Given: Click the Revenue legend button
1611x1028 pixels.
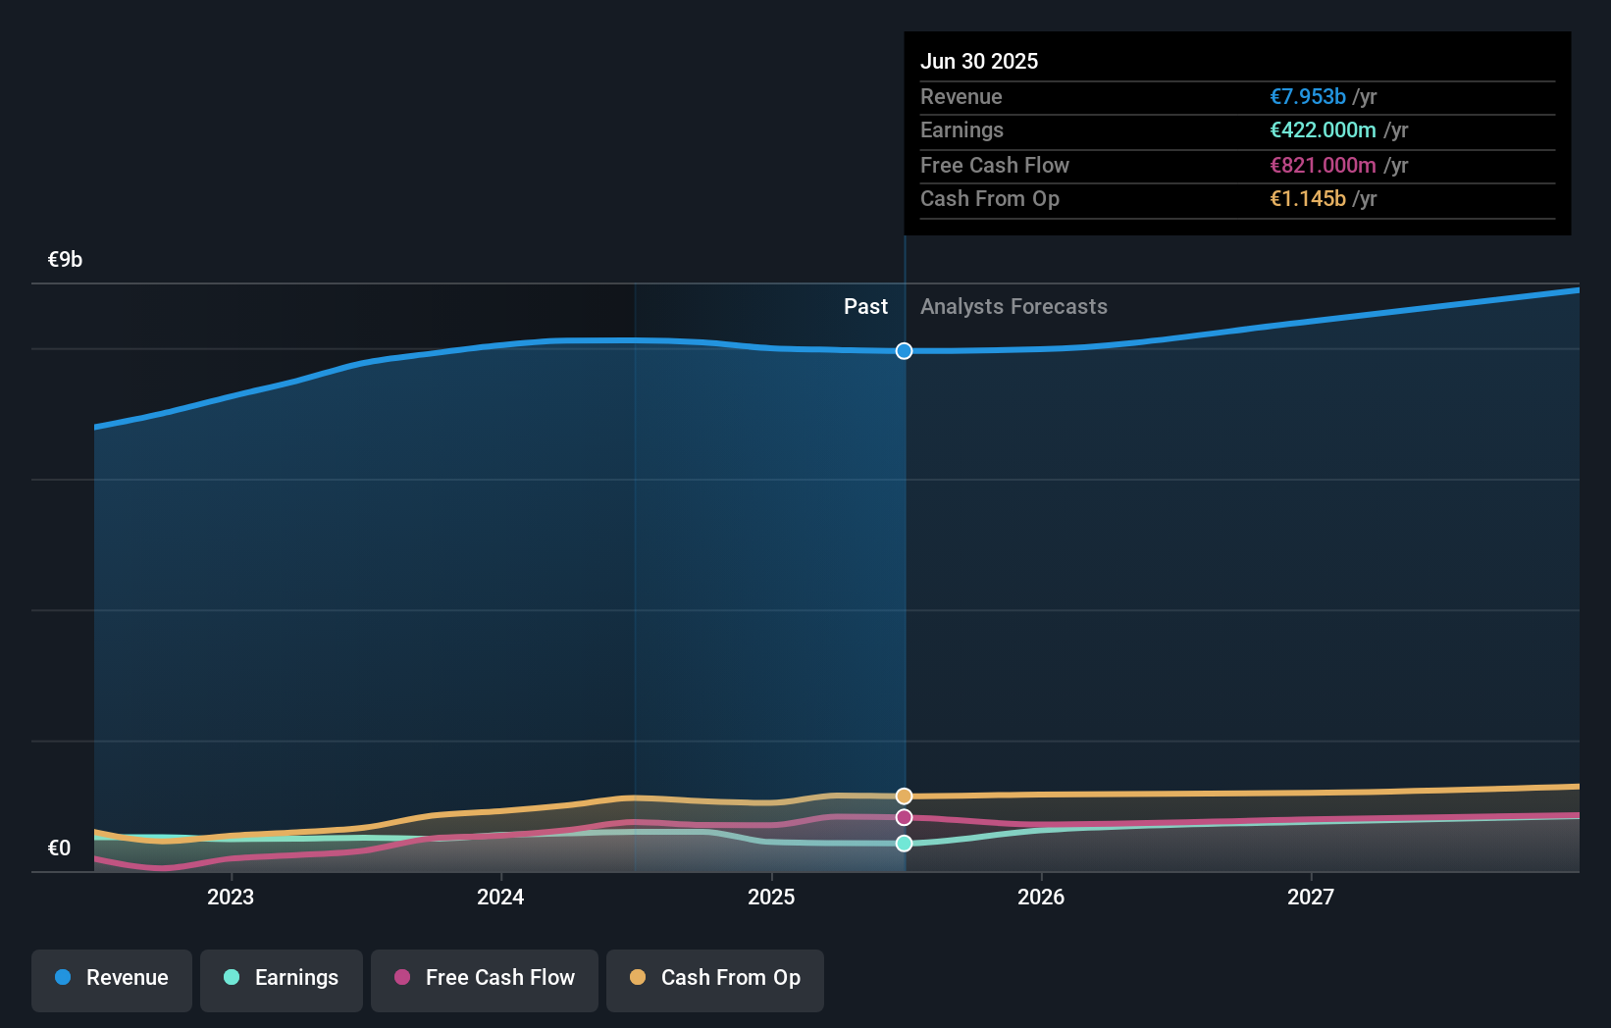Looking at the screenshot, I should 112,978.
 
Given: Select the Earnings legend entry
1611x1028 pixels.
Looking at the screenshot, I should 282,978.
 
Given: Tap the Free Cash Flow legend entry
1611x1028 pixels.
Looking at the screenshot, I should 485,978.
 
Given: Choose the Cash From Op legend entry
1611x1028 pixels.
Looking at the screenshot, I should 715,978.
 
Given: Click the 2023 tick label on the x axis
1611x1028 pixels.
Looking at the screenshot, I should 231,897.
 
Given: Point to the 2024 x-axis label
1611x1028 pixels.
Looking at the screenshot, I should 500,897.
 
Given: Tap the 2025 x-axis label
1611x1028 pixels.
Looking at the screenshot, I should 771,897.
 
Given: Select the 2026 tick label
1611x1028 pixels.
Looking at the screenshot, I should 1041,897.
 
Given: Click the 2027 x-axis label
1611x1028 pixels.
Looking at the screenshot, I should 1311,897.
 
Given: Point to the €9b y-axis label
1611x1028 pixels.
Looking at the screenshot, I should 65,260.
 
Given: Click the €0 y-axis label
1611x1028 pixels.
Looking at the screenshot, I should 59,848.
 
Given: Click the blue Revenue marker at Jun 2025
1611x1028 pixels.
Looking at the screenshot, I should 905,351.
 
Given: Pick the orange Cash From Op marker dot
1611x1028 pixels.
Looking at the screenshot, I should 905,796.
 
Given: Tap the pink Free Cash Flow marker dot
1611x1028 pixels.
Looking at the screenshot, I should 905,817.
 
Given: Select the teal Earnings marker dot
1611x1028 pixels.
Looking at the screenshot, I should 905,844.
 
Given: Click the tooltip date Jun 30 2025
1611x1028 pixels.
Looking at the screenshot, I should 979,61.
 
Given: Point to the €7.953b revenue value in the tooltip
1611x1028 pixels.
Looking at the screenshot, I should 1308,97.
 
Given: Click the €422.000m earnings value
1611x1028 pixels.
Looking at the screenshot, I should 1323,130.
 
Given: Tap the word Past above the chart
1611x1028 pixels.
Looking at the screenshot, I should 865,307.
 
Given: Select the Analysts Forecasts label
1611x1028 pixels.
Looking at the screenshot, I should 1013,307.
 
